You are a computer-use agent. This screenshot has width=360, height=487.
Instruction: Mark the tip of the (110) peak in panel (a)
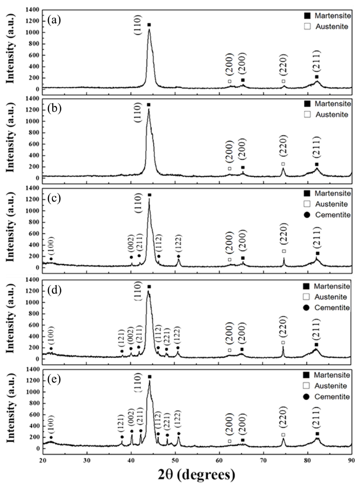click(149, 29)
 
